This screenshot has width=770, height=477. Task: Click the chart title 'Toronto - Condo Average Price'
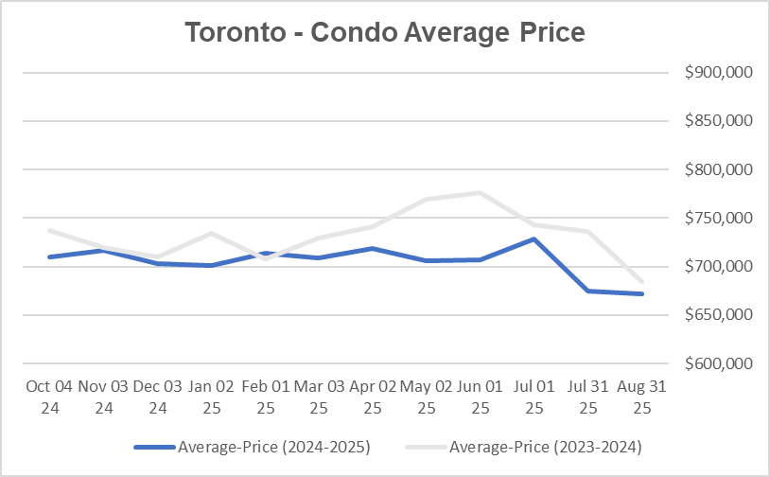pos(385,32)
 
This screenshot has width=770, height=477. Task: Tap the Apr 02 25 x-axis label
pos(373,397)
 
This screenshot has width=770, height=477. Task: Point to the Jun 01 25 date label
pos(481,397)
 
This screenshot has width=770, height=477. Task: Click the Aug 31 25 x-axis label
pos(642,397)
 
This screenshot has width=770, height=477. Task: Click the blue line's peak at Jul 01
pos(534,238)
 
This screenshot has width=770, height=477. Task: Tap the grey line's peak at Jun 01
pos(481,193)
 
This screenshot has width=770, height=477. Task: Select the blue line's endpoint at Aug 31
pos(642,293)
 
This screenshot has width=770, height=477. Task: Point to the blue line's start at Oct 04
pos(48,256)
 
